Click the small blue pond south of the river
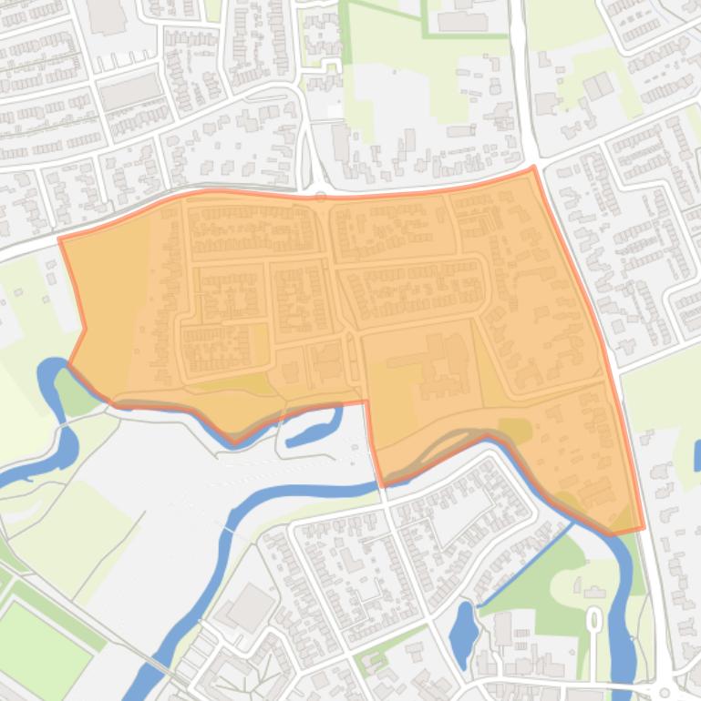463,625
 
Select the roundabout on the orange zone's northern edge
320,194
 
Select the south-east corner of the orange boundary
644,527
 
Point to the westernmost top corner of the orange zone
60,239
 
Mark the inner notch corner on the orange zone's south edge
366,401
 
